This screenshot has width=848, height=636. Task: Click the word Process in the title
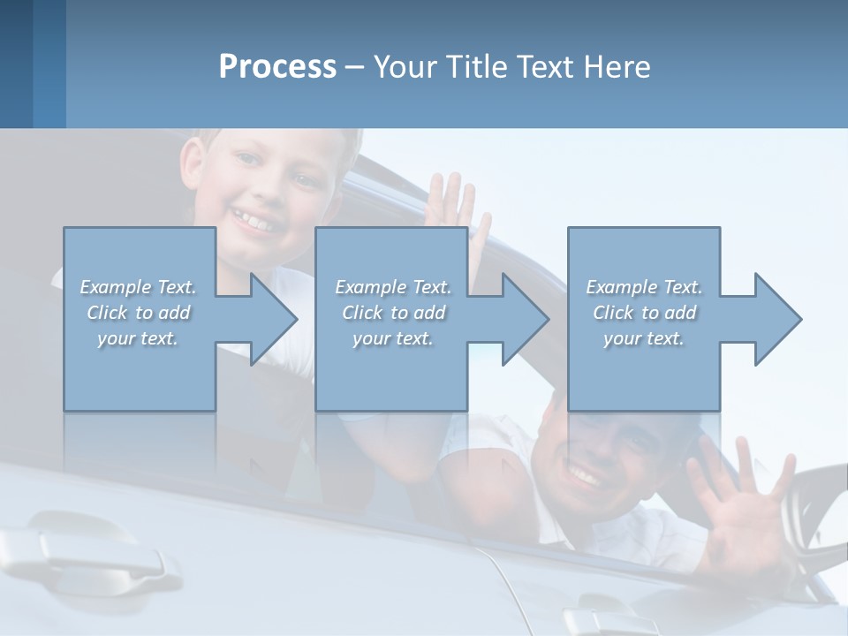(277, 67)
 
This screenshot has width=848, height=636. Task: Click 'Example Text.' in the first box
(138, 287)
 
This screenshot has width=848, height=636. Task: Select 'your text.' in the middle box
(392, 338)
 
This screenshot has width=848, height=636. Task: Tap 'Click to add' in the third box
(644, 313)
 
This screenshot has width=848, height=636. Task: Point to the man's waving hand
(738, 503)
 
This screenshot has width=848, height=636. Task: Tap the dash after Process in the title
(355, 67)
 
